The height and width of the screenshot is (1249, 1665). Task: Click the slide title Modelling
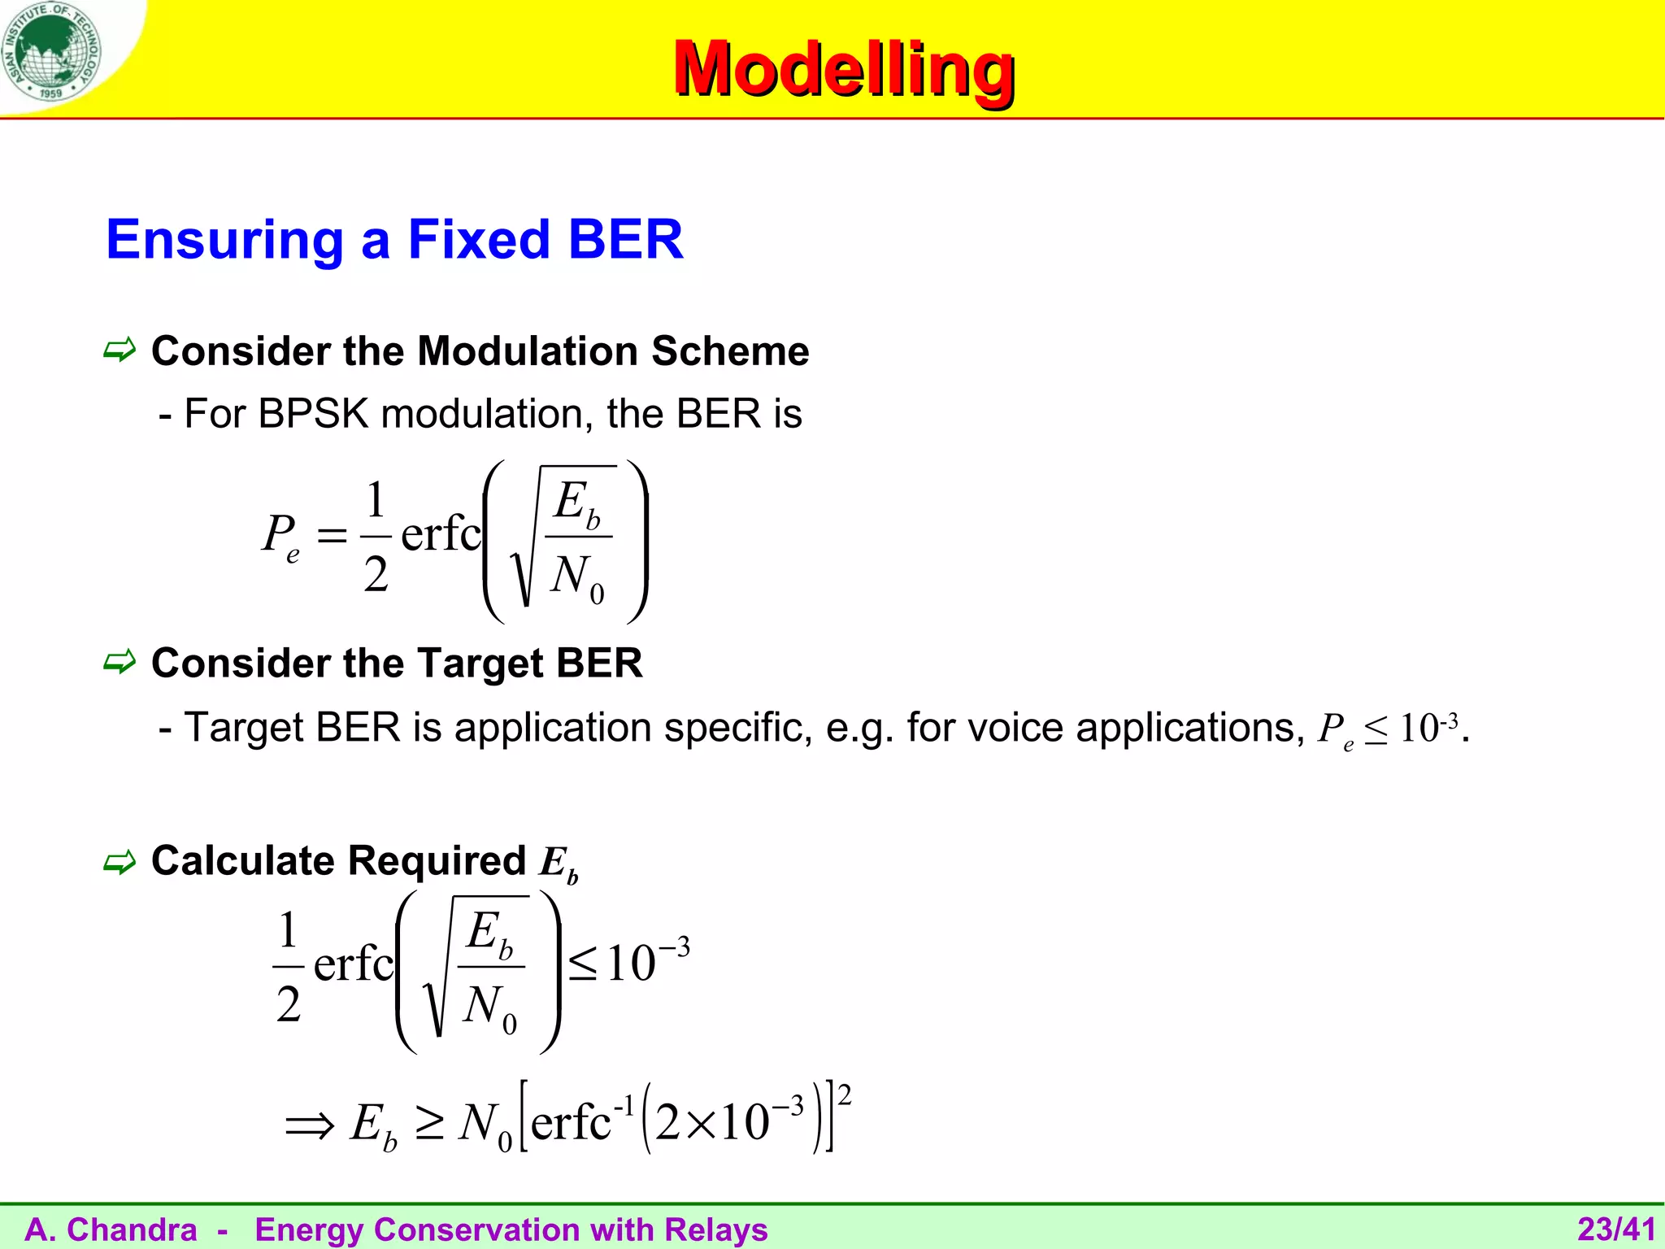pyautogui.click(x=843, y=70)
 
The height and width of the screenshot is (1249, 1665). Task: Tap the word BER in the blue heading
pyautogui.click(x=625, y=240)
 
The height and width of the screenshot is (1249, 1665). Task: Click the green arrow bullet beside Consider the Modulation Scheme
pyautogui.click(x=120, y=351)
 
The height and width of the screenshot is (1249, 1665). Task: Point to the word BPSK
pyautogui.click(x=313, y=414)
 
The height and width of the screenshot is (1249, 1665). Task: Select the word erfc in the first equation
pyautogui.click(x=440, y=534)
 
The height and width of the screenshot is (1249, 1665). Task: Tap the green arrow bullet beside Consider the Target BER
pyautogui.click(x=120, y=663)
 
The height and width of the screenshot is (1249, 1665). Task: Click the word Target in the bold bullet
pyautogui.click(x=472, y=664)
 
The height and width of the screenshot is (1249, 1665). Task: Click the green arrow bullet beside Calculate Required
pyautogui.click(x=120, y=862)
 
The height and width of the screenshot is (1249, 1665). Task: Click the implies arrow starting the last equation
pyautogui.click(x=310, y=1126)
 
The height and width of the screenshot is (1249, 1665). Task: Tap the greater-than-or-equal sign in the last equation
pyautogui.click(x=430, y=1125)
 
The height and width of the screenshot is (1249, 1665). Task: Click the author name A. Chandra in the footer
pyautogui.click(x=111, y=1229)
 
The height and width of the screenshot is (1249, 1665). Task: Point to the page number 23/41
pyautogui.click(x=1616, y=1229)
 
